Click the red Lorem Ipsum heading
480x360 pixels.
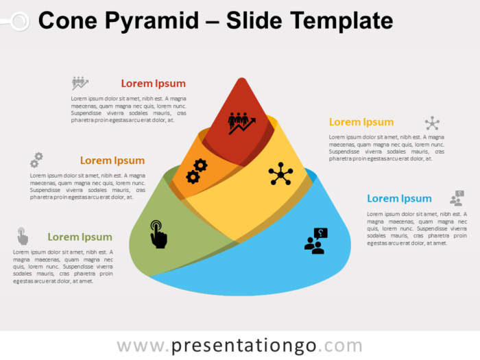click(153, 84)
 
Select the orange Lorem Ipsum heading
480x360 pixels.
click(112, 160)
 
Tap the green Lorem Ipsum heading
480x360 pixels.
click(80, 237)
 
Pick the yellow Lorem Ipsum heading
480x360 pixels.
click(361, 122)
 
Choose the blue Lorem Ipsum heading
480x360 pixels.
click(399, 199)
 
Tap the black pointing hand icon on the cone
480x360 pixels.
click(158, 234)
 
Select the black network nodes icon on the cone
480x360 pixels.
click(280, 173)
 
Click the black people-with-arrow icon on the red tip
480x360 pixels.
click(241, 123)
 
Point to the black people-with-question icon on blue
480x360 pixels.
click(316, 241)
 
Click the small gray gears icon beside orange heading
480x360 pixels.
click(36, 160)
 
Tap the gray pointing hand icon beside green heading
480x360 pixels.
click(23, 237)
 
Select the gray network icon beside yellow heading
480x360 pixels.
click(432, 123)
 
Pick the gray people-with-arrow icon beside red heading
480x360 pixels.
click(80, 83)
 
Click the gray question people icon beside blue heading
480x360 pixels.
click(457, 199)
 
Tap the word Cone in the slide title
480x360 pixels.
click(66, 21)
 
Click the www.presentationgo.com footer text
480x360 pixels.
click(239, 345)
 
